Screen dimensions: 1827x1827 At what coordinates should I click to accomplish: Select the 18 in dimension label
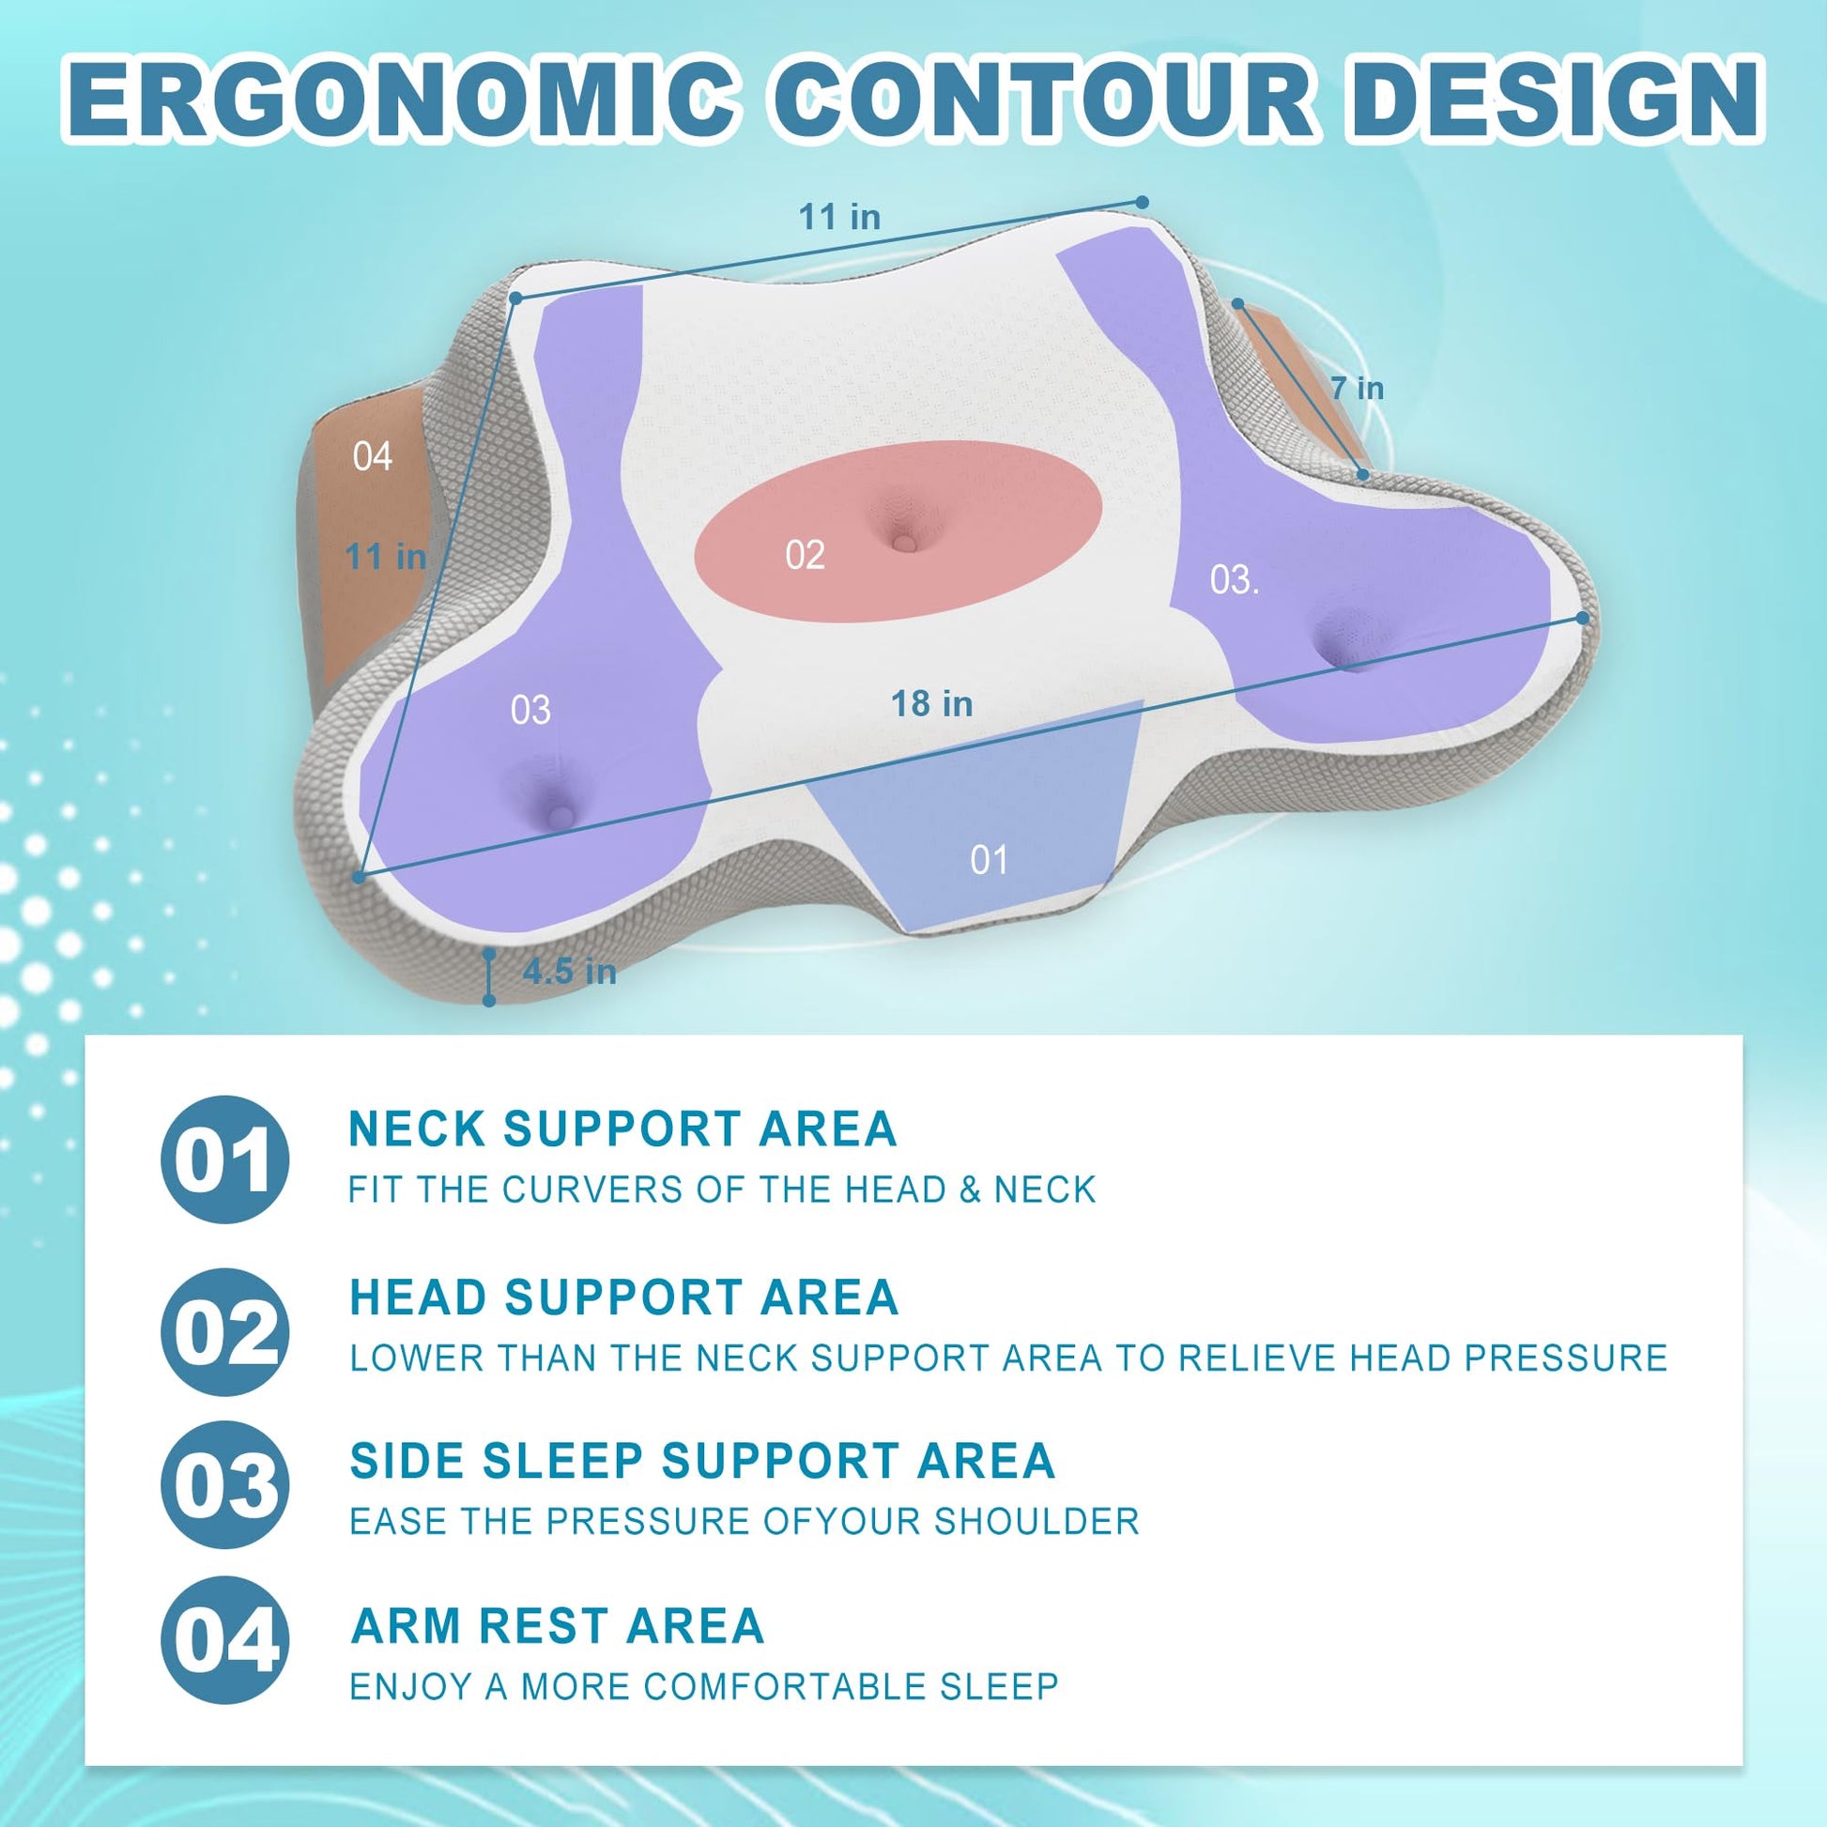coord(931,703)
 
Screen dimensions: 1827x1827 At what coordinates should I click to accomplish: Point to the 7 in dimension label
coord(1357,388)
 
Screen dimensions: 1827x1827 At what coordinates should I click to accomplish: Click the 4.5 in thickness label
coord(569,971)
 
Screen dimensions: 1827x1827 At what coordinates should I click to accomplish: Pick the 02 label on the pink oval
coord(805,555)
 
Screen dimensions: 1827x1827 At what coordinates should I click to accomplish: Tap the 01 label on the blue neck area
coord(989,860)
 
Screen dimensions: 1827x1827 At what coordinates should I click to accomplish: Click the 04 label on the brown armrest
coord(372,456)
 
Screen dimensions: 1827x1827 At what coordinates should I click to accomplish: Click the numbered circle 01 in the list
coord(224,1159)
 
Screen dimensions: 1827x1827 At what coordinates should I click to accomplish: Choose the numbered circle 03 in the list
coord(224,1484)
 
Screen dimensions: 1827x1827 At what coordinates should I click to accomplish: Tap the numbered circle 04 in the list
coord(224,1640)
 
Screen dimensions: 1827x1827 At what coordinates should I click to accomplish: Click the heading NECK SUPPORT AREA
coord(622,1128)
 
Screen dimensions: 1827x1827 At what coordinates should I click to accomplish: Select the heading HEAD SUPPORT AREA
coord(623,1297)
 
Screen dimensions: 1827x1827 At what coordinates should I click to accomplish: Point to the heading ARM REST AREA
coord(557,1625)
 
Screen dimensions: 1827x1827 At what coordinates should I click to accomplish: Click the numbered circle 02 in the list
coord(224,1331)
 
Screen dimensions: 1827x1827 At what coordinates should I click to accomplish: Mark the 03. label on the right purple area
coord(1234,579)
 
